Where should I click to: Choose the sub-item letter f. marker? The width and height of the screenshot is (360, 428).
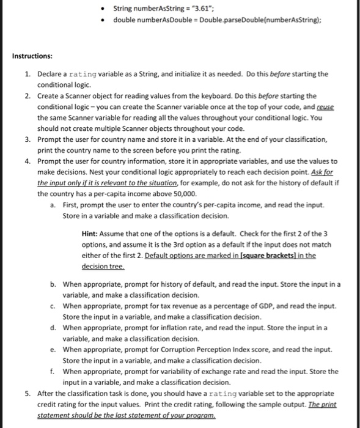54,371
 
